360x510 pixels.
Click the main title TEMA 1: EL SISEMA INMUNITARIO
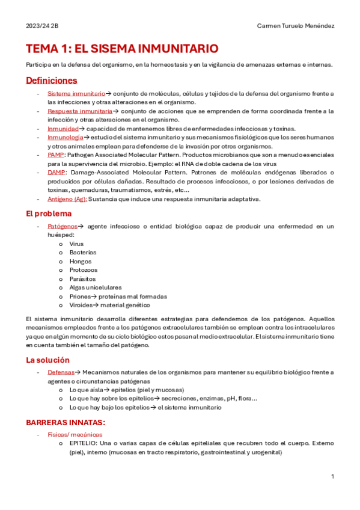121,49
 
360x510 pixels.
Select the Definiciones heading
51,80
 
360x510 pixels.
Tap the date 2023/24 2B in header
42,26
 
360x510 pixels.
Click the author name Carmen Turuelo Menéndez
295,26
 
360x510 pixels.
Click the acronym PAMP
56,155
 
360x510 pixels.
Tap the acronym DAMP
56,173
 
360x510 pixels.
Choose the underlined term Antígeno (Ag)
67,199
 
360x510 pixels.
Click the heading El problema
49,213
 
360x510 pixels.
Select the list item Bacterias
82,253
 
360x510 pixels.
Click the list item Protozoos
83,270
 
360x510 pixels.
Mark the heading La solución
48,360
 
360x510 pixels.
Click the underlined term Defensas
61,373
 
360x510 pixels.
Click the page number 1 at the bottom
332,477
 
